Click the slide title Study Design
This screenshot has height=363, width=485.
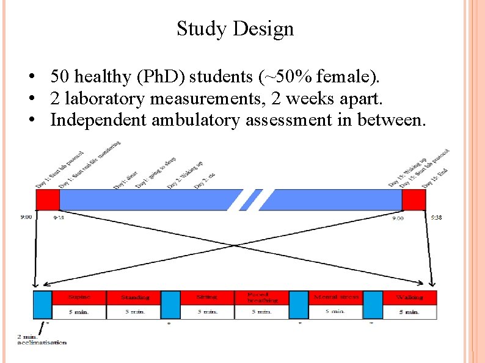(235, 29)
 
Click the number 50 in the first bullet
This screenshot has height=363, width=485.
(59, 77)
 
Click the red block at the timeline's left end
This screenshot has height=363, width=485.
(48, 199)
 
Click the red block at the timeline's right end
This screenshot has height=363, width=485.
(414, 199)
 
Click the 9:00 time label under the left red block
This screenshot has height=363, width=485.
(26, 216)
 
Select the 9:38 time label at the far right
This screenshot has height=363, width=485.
(438, 217)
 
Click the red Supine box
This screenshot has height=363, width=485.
(79, 297)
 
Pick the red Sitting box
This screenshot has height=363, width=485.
(207, 297)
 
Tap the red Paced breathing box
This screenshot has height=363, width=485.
(262, 297)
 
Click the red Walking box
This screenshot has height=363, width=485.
(409, 297)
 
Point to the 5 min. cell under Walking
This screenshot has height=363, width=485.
(409, 312)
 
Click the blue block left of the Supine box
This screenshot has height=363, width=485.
(43, 304)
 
